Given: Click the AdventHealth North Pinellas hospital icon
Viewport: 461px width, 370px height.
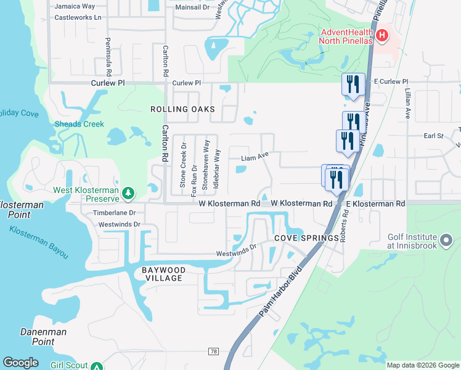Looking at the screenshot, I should point(381,36).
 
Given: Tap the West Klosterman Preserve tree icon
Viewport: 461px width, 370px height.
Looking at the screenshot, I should point(128,194).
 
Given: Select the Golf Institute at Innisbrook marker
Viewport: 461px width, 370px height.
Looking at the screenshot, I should point(447,239).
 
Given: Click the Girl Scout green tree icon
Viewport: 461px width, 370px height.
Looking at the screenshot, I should point(96,366).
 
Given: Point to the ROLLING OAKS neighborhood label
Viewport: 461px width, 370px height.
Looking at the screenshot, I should point(182,109).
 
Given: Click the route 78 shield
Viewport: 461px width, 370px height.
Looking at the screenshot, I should point(214,351).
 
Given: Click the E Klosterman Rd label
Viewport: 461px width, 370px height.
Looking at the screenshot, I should point(375,203).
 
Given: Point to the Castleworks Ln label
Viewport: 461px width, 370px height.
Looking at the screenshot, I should point(78,17).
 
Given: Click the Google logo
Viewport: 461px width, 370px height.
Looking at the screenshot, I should point(21,363).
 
